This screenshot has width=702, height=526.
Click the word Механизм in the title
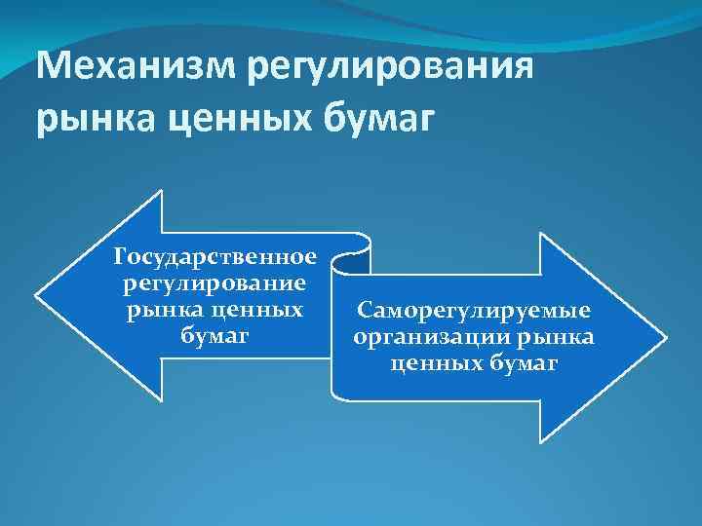(136, 69)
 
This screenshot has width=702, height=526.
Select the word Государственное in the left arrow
(215, 257)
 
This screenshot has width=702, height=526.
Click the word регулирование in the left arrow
(215, 283)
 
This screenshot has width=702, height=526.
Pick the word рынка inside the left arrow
(161, 310)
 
